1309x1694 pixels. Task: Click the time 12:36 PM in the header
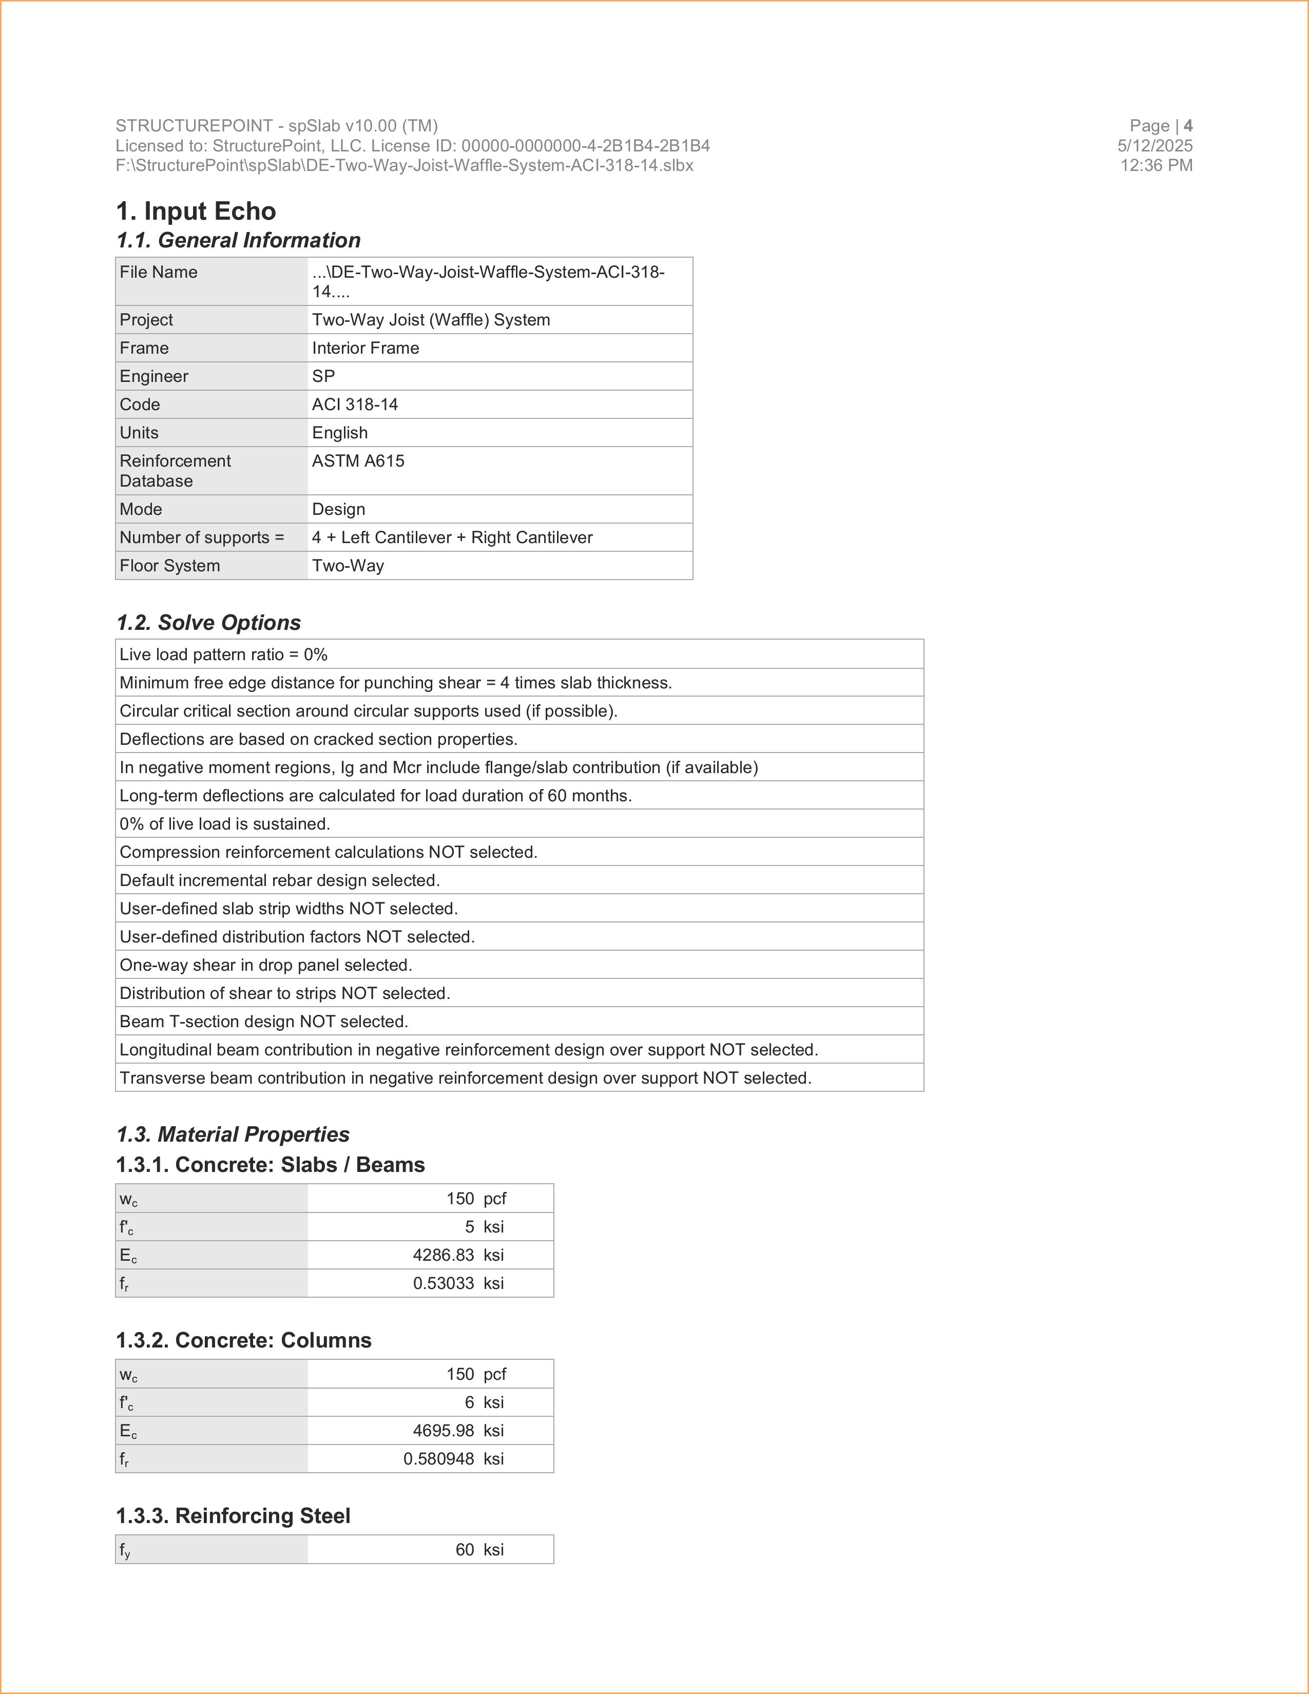coord(1156,165)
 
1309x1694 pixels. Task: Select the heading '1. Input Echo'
coord(196,211)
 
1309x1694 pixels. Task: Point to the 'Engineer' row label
coord(153,376)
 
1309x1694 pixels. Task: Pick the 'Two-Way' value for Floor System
coord(348,566)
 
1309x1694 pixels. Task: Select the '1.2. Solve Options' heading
coord(208,622)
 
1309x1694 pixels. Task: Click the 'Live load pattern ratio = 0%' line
coord(223,654)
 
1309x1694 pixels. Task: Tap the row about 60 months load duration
coord(375,796)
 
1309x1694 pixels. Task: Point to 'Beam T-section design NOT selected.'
coord(264,1022)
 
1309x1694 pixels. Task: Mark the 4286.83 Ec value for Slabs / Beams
coord(443,1255)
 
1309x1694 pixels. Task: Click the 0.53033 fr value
coord(443,1283)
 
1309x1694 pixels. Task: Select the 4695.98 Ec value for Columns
coord(443,1430)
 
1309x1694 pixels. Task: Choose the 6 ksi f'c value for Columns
coord(469,1402)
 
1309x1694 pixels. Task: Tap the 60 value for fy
coord(465,1550)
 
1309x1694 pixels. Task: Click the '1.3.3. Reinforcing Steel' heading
coord(233,1515)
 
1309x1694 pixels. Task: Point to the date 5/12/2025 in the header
coord(1154,146)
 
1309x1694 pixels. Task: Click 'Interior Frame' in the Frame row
coord(365,348)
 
